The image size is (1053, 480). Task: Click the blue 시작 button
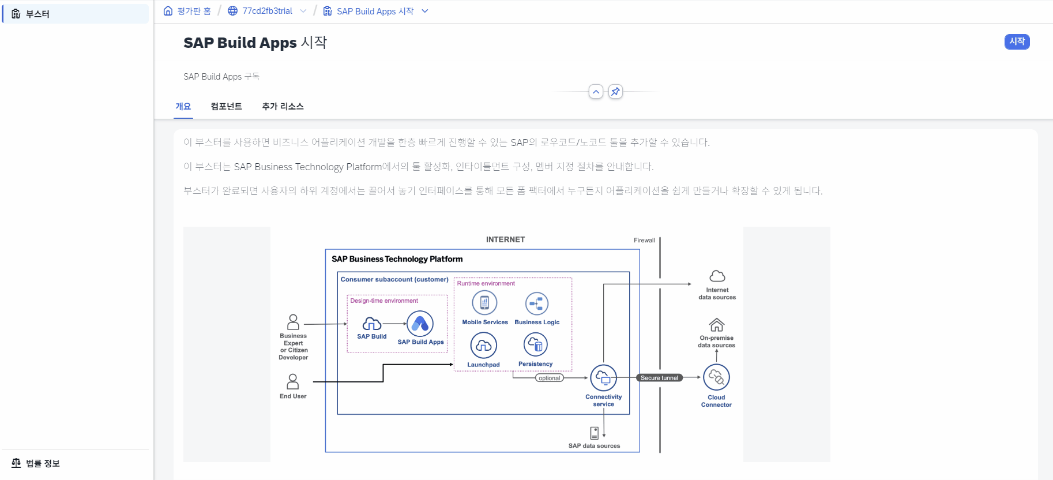[1017, 42]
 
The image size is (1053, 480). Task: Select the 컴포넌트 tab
[226, 106]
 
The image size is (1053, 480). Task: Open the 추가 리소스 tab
[283, 106]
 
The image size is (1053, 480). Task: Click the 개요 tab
[183, 106]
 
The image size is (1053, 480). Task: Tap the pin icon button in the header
[615, 91]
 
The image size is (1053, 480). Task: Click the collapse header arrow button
[596, 91]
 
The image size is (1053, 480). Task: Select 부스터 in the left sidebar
[37, 14]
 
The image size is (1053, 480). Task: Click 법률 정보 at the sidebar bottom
[43, 463]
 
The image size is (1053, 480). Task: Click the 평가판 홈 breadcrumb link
[194, 11]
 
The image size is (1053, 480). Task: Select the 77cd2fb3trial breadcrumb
[267, 11]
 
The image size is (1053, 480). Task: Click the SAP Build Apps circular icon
[420, 324]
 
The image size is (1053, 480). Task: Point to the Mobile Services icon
[484, 302]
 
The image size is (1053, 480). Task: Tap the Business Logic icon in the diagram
[537, 303]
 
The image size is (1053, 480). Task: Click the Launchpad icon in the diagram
[483, 346]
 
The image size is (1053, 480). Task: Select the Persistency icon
[535, 344]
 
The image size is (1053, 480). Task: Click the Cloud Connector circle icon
[716, 377]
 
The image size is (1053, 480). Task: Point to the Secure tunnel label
[659, 378]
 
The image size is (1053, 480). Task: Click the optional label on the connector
[549, 378]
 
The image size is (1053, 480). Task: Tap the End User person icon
[293, 381]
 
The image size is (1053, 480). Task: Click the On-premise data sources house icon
[716, 325]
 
